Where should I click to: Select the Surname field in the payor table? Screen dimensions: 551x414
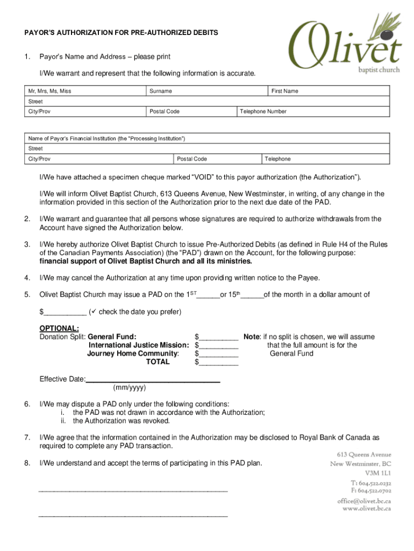tap(207, 91)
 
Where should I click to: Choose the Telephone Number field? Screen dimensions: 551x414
tap(313, 111)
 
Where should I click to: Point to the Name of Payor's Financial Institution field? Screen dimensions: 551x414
tap(207, 138)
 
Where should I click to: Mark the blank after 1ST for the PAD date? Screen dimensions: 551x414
tap(209, 295)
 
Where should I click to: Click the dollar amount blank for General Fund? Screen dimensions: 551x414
tap(219, 338)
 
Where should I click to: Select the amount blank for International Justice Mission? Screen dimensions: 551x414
tap(219, 346)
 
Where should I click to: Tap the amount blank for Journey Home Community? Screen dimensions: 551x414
tap(219, 354)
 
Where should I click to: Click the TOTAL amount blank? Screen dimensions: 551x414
tap(219, 363)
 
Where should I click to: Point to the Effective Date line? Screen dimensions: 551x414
tap(153, 380)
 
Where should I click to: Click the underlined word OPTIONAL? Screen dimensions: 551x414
tap(59, 329)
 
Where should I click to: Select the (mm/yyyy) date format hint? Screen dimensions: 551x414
tap(129, 387)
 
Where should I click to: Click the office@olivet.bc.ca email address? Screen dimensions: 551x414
tap(363, 501)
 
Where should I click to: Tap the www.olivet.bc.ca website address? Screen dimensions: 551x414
tap(367, 508)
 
